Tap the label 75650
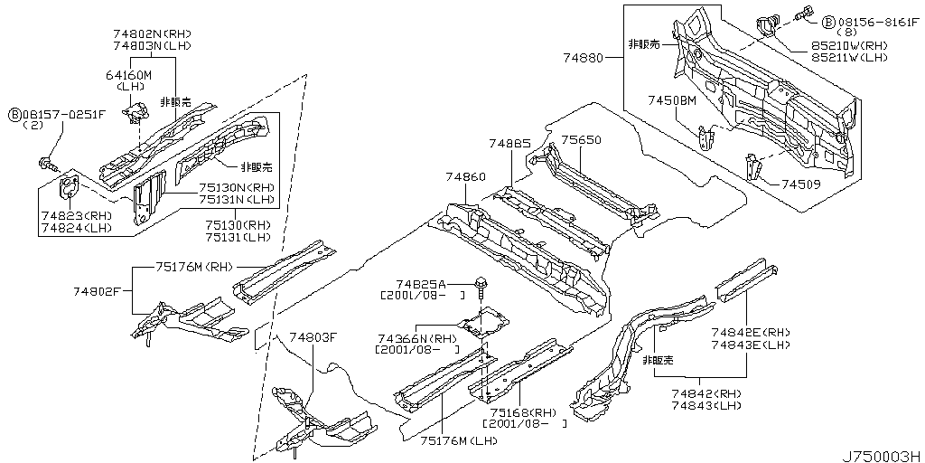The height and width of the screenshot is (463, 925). point(581,140)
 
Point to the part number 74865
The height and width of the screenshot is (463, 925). point(511,143)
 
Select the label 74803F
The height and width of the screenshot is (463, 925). point(313,337)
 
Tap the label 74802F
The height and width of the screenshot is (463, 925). point(97,291)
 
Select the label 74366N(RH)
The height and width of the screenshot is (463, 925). point(415,336)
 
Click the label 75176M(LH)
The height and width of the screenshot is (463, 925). point(458,440)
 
